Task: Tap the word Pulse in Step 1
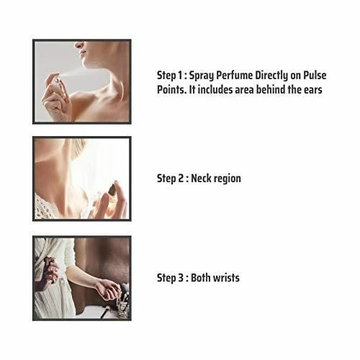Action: point(315,76)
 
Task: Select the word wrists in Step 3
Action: point(226,278)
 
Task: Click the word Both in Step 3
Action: point(201,278)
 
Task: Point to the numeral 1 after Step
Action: point(179,76)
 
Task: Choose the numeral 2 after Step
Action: point(181,179)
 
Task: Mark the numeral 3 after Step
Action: point(181,278)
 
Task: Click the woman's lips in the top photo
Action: point(82,54)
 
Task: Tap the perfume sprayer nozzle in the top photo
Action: point(57,80)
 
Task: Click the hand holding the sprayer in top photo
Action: point(55,97)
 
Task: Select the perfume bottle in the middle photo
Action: point(110,200)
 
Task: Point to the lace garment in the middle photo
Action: point(45,207)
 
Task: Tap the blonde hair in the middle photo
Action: point(78,145)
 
